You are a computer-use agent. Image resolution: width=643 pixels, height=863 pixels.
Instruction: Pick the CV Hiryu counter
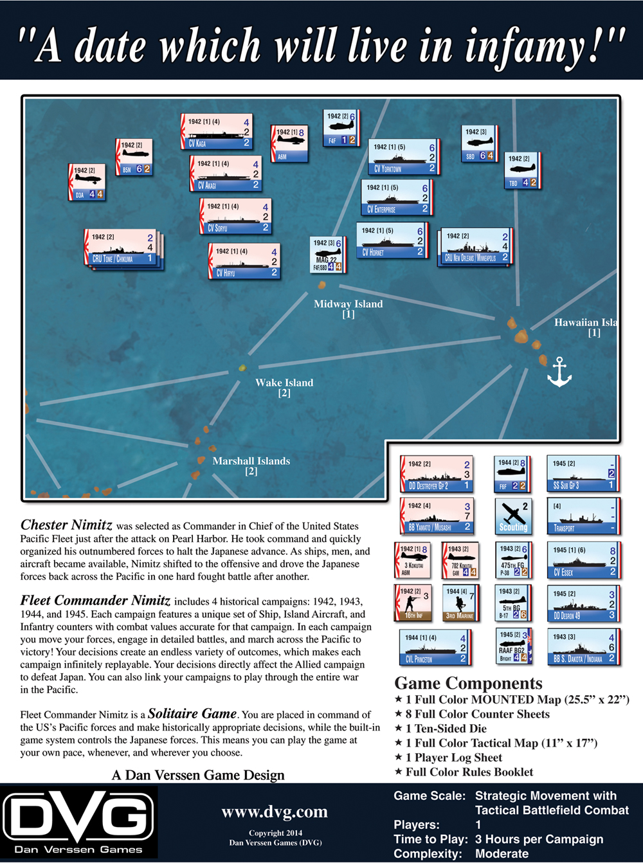click(244, 261)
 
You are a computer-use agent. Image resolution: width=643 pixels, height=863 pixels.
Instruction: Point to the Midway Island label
click(348, 304)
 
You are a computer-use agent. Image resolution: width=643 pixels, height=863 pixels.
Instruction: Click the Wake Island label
click(284, 383)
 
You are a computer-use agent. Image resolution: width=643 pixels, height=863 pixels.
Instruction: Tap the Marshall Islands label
click(251, 461)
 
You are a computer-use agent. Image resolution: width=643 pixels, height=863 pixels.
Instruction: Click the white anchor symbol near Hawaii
click(559, 372)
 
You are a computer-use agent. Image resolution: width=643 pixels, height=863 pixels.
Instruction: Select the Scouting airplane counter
click(513, 516)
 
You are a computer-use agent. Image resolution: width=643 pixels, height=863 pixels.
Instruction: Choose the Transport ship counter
click(583, 516)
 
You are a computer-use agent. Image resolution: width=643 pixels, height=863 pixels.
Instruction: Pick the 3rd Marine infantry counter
click(459, 603)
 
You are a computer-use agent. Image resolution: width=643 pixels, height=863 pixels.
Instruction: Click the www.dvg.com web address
click(275, 812)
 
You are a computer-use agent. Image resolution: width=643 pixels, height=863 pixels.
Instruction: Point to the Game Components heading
click(468, 683)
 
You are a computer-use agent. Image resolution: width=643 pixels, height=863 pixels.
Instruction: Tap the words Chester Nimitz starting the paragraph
click(66, 525)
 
